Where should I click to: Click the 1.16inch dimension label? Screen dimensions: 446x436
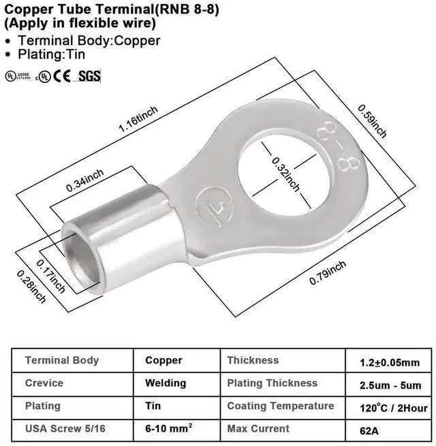[x=138, y=119]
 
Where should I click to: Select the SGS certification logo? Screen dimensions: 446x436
[x=89, y=76]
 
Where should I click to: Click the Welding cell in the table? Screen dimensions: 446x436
[x=166, y=383]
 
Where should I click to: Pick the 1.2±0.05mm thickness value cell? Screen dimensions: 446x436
[x=389, y=362]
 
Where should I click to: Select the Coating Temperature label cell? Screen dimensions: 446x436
[x=280, y=407]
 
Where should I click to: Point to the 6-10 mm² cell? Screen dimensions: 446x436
[x=168, y=429]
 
